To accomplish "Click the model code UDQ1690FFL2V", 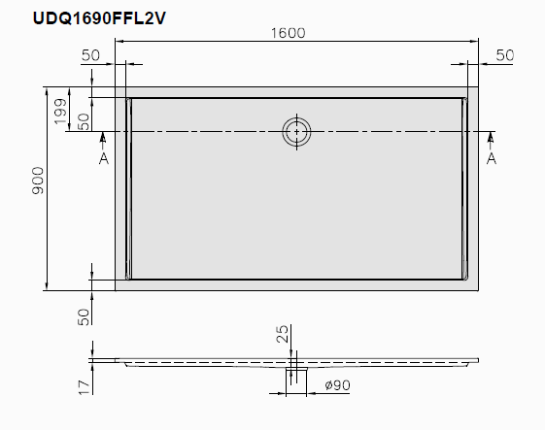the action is [99, 18].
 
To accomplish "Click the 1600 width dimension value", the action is [288, 33].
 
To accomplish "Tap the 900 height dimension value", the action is [38, 181].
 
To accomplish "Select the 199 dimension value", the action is [60, 112].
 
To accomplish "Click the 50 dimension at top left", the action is [90, 55].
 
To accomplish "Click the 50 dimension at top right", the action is [504, 55].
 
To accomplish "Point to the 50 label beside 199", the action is [84, 122].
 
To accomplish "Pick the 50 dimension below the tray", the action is [84, 317].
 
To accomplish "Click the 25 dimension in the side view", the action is [283, 334].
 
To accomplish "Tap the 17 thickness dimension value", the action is [84, 387].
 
